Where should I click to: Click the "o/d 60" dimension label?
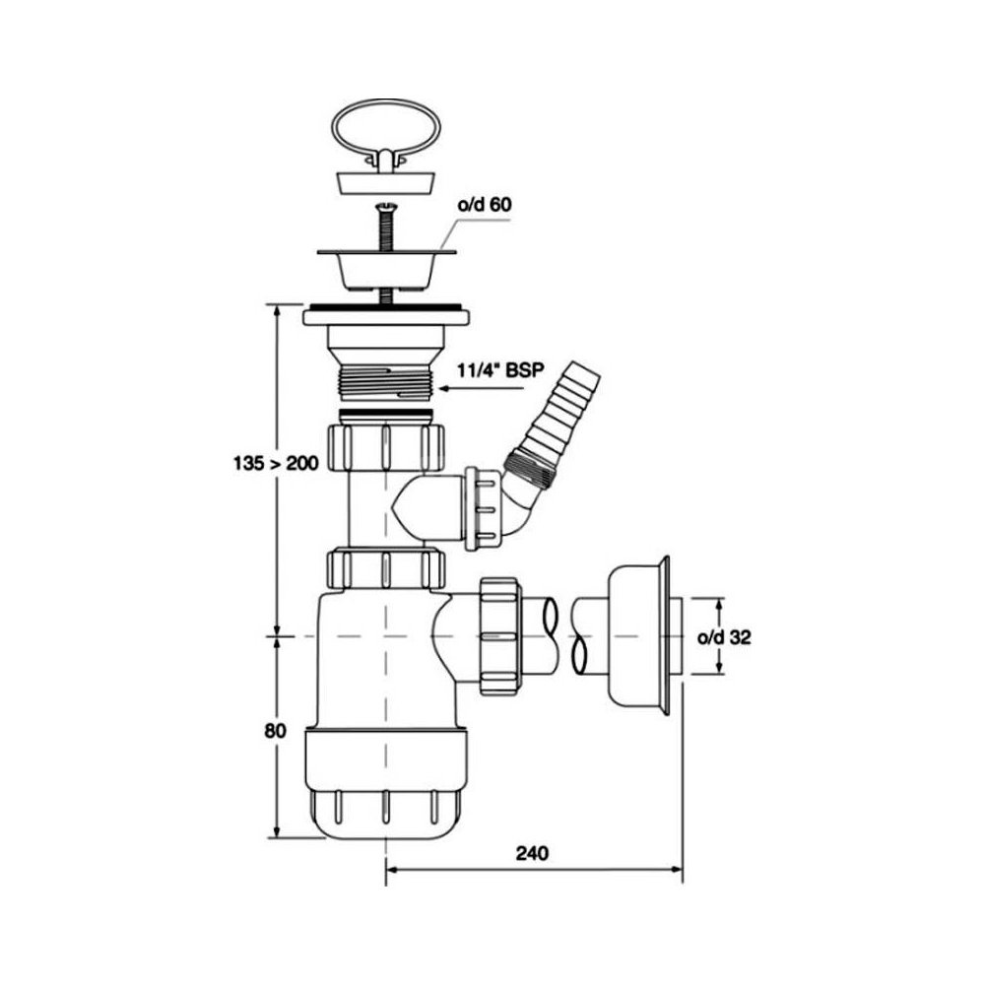pyautogui.click(x=484, y=205)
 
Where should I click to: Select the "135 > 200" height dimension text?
pyautogui.click(x=276, y=464)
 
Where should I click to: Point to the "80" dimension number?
pyautogui.click(x=275, y=731)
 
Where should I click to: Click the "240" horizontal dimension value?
pyautogui.click(x=532, y=853)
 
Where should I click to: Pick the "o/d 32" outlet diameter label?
pyautogui.click(x=724, y=637)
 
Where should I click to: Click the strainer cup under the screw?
pyautogui.click(x=386, y=268)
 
